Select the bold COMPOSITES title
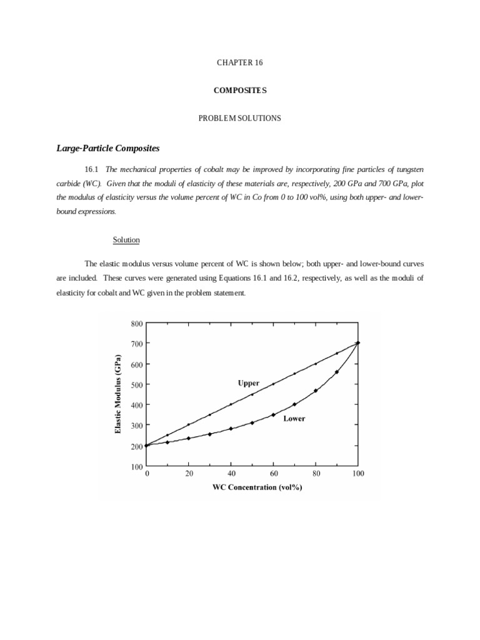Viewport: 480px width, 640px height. pyautogui.click(x=240, y=91)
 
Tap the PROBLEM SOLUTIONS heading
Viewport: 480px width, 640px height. pyautogui.click(x=240, y=118)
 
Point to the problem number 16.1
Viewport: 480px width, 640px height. pyautogui.click(x=91, y=169)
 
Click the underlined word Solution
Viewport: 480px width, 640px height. pyautogui.click(x=126, y=240)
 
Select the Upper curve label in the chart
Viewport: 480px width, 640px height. pyautogui.click(x=248, y=382)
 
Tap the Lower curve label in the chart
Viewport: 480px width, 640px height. pyautogui.click(x=294, y=418)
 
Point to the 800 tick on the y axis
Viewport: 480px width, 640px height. pyautogui.click(x=137, y=324)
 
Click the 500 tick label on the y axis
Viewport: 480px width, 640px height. pyautogui.click(x=137, y=385)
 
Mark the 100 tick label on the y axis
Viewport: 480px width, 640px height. pyautogui.click(x=137, y=466)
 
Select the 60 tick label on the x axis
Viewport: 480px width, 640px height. pyautogui.click(x=273, y=474)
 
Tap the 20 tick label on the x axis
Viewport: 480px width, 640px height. pyautogui.click(x=189, y=474)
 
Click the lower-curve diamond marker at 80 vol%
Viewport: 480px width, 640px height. pyautogui.click(x=316, y=391)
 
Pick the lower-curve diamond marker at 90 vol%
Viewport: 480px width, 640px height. pyautogui.click(x=337, y=372)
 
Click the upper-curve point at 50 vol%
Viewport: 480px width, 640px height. pyautogui.click(x=252, y=394)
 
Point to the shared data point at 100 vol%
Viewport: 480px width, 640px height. pyautogui.click(x=358, y=343)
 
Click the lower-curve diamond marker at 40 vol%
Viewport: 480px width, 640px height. pyautogui.click(x=231, y=429)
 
